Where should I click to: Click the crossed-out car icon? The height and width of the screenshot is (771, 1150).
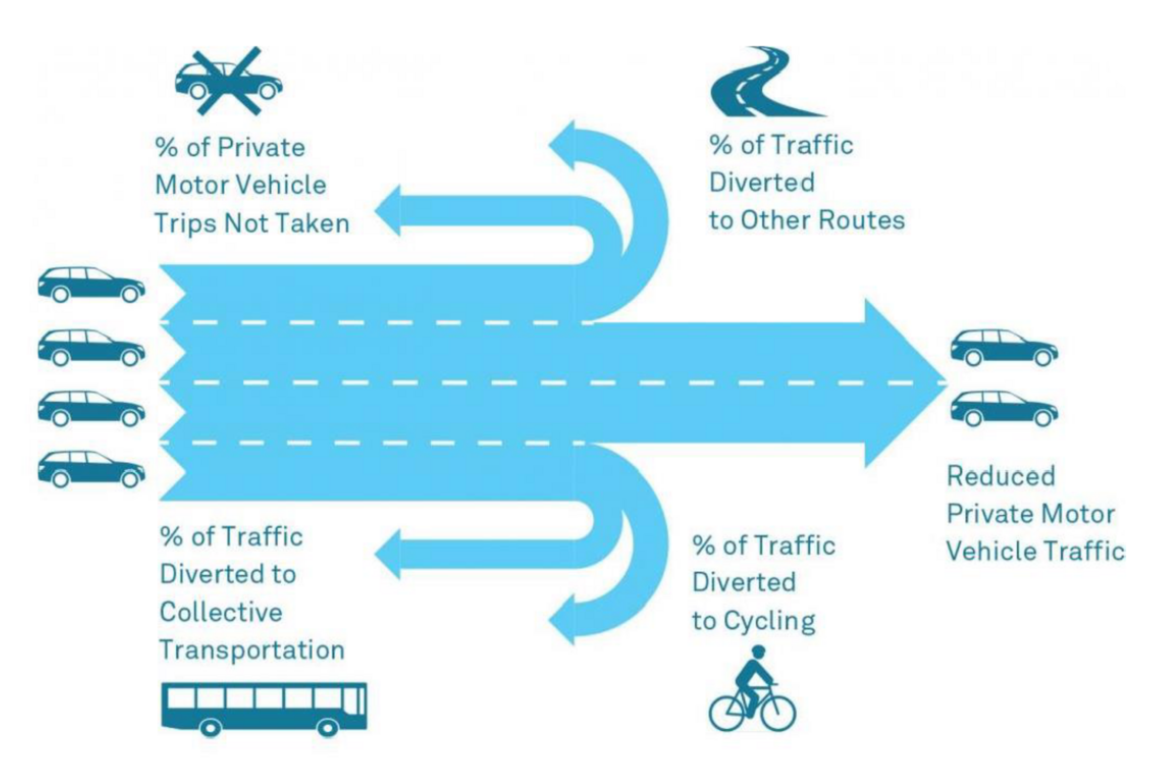[228, 82]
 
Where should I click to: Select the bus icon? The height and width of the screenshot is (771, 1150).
[264, 708]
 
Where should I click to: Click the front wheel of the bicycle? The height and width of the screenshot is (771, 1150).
[779, 712]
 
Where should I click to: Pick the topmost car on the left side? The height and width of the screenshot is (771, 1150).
[91, 285]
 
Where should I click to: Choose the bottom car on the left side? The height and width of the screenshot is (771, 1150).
[91, 469]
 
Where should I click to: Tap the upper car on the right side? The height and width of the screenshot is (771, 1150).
[1004, 347]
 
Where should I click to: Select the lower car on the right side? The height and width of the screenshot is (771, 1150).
[1004, 409]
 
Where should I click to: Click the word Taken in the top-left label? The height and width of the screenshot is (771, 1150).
[313, 224]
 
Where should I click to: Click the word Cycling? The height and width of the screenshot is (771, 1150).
[769, 621]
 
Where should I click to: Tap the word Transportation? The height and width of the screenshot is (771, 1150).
[252, 650]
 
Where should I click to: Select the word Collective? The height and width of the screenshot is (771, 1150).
[221, 612]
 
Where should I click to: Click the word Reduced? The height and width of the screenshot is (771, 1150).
[1000, 477]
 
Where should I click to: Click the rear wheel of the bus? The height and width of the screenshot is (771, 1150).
[210, 727]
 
